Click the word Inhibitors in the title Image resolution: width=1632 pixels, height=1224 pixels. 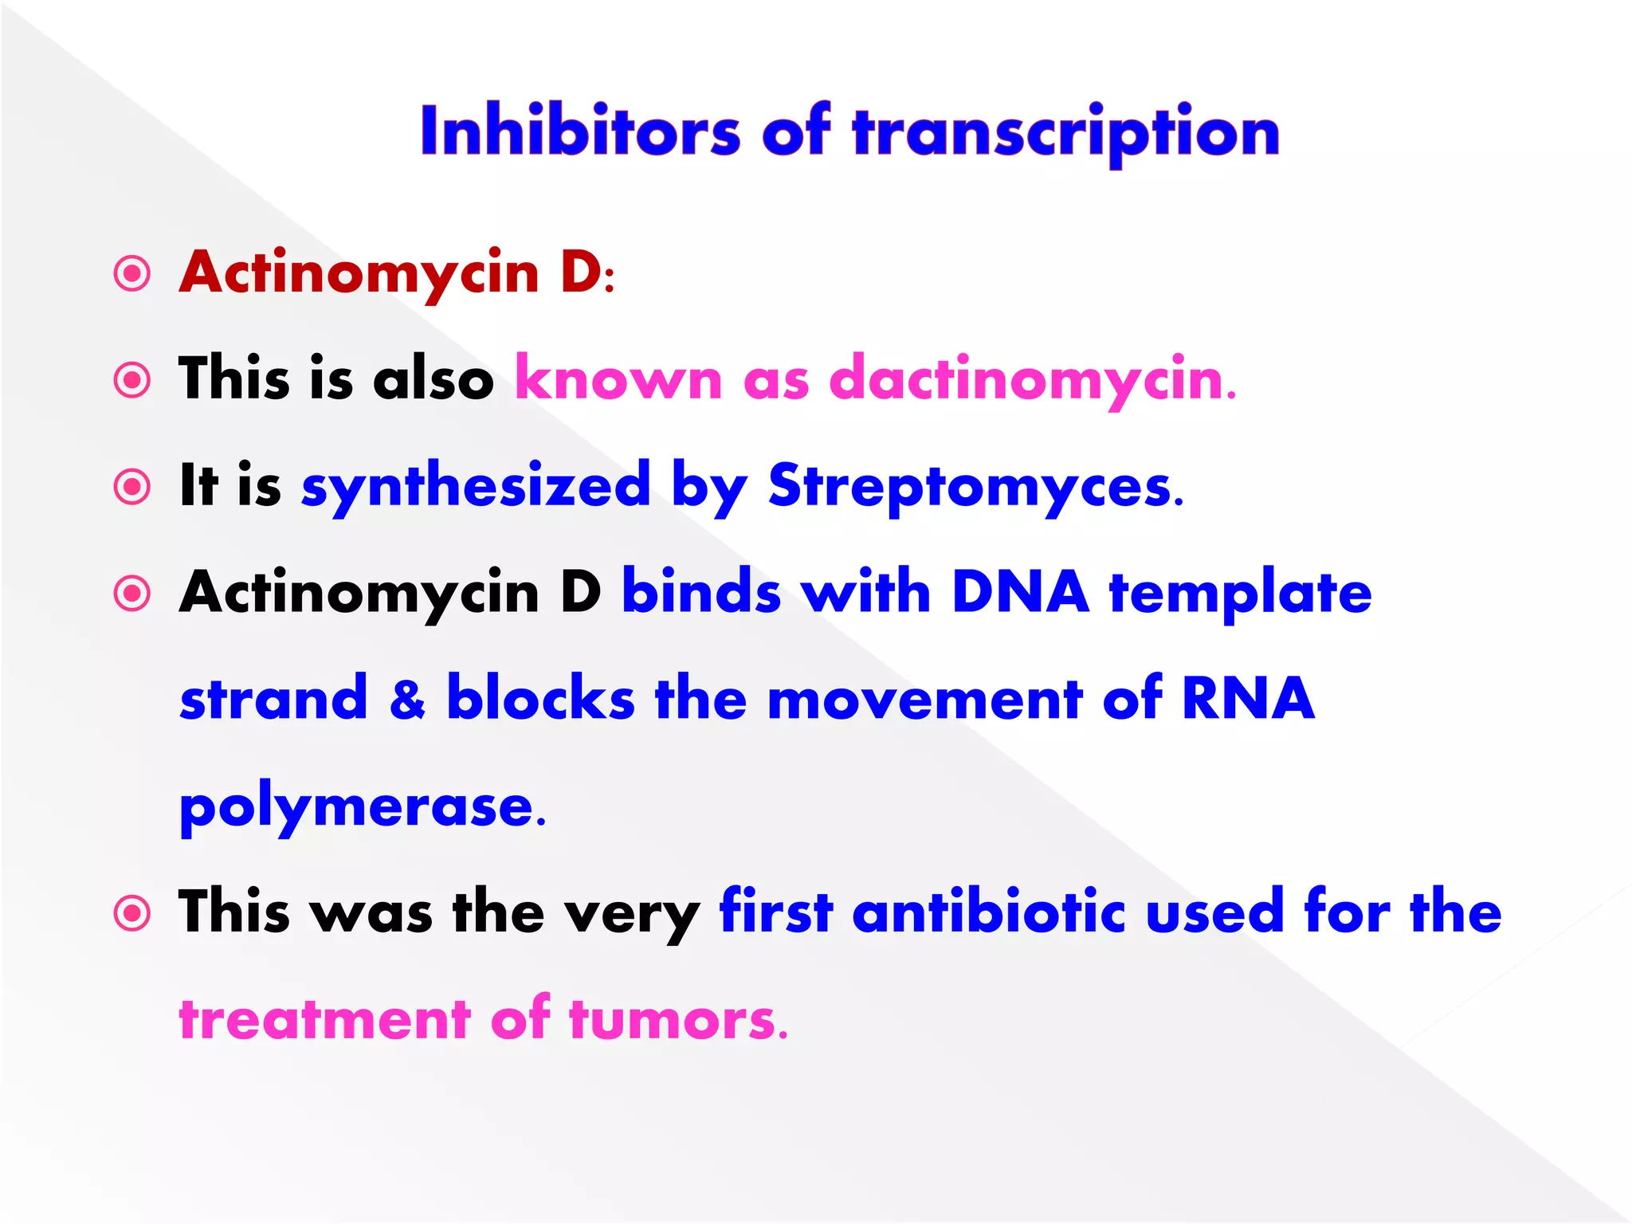tap(580, 131)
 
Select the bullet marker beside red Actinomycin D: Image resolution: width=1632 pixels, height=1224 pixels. tap(132, 274)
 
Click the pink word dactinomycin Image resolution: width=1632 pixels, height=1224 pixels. tap(1032, 379)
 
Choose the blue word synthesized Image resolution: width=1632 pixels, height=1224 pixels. tap(476, 486)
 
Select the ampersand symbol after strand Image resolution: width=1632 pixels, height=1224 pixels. tap(407, 699)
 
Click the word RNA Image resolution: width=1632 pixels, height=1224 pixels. tap(1247, 699)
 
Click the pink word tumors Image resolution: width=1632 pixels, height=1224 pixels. tap(677, 1019)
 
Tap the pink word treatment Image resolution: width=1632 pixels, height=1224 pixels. tap(325, 1019)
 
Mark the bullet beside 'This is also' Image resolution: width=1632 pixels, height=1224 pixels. tap(132, 380)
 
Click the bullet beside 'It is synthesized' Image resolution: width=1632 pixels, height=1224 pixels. tap(132, 487)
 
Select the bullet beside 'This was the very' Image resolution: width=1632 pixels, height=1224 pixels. tap(132, 913)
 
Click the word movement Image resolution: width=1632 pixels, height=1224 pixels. tap(924, 699)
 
